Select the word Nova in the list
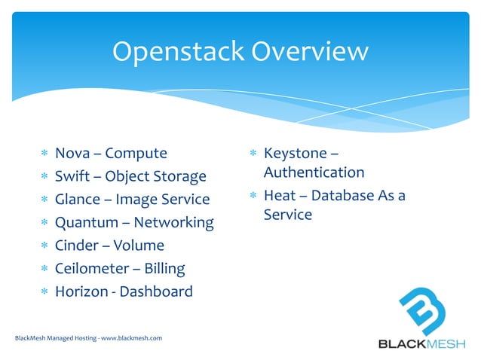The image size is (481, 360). click(72, 154)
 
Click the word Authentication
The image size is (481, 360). click(314, 172)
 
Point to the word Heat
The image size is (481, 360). click(280, 196)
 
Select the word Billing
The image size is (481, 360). click(164, 268)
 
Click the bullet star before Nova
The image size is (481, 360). click(44, 154)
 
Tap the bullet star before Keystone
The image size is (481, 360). click(253, 154)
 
